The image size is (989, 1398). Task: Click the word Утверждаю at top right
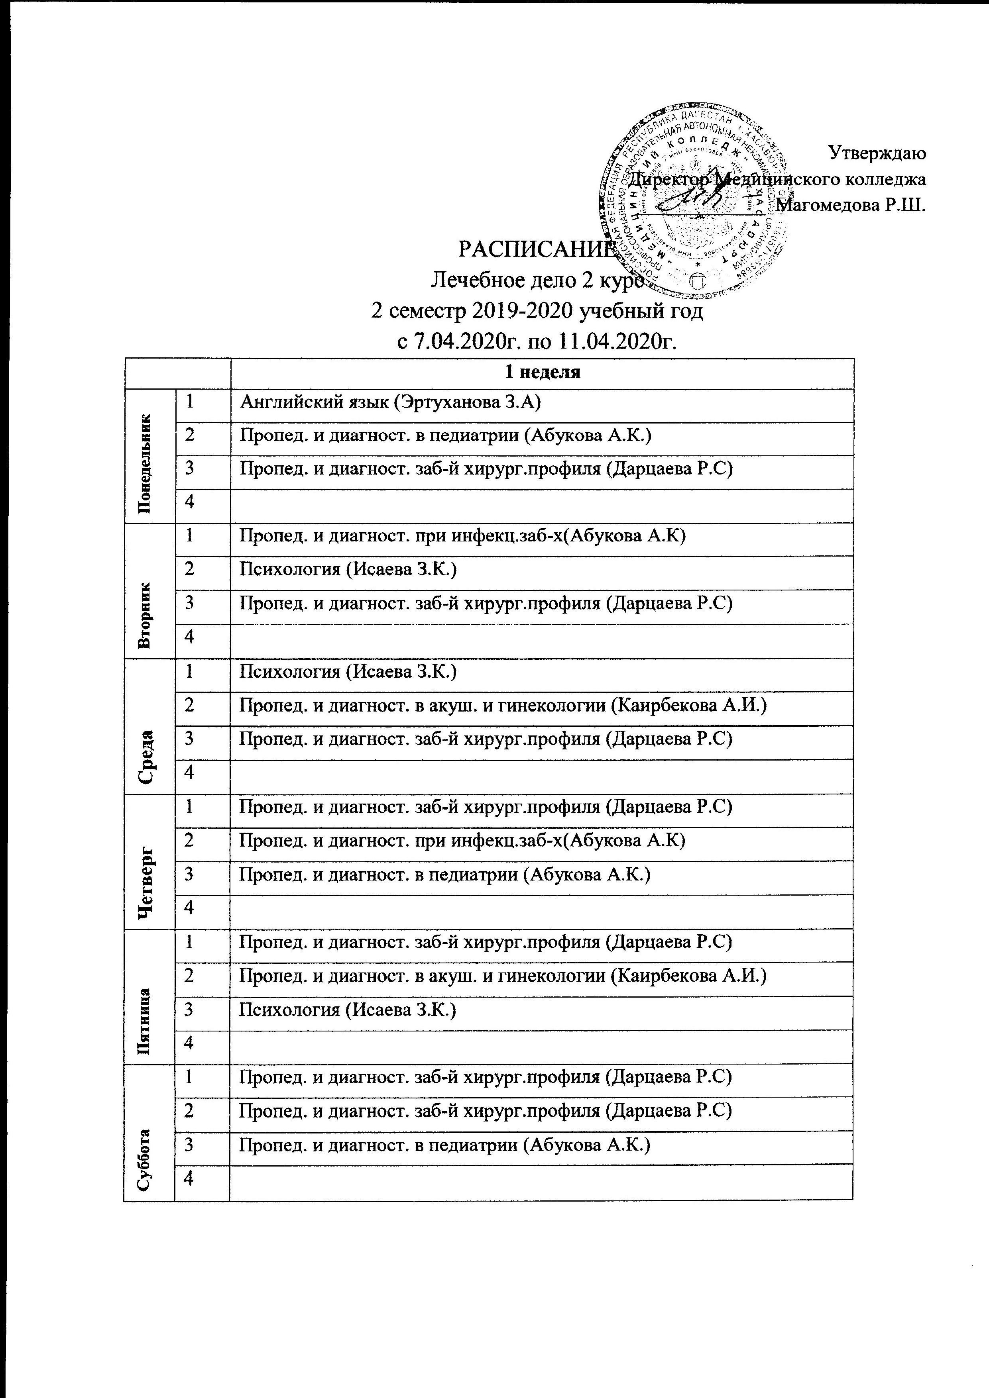877,153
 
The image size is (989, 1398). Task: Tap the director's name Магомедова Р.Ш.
853,205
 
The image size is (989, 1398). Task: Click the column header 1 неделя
542,373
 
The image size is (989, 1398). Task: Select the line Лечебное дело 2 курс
537,281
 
